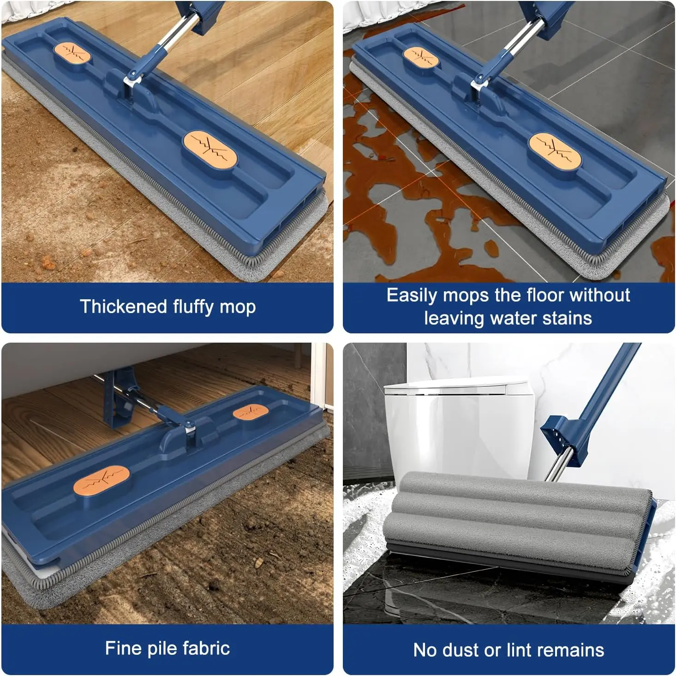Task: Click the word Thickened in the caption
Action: [123, 306]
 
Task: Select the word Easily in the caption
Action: [412, 296]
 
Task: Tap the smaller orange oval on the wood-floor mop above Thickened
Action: [72, 53]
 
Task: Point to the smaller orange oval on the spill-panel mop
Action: [421, 57]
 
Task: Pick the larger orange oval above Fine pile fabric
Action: [102, 478]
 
